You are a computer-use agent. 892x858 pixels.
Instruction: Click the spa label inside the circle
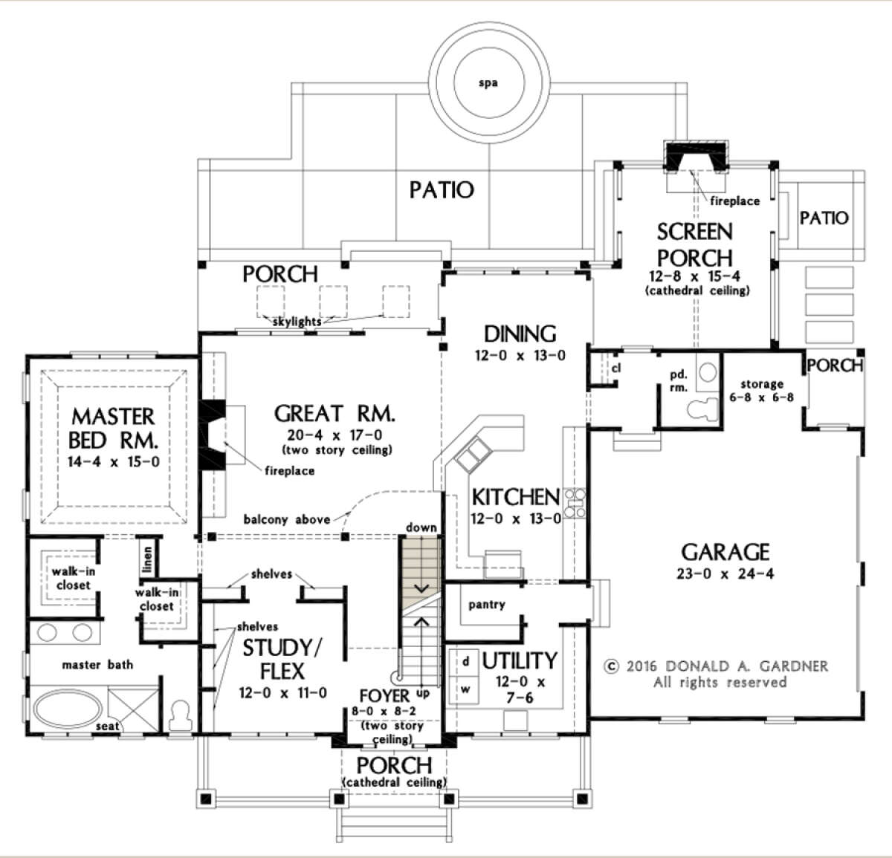coord(488,83)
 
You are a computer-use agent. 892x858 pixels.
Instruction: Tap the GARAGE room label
coord(725,552)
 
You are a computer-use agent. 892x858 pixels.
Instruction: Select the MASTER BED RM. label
coord(113,429)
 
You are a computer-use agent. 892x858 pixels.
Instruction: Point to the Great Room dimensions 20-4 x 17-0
coord(334,435)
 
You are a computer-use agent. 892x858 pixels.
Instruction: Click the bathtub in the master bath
coord(68,708)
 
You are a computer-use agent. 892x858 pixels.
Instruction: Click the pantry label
coord(487,605)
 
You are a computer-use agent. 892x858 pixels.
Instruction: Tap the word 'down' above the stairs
coord(421,527)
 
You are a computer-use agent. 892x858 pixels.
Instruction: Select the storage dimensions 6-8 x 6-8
coord(761,397)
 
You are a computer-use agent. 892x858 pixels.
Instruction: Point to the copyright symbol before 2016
coord(612,666)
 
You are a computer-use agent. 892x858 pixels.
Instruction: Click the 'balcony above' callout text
coord(287,519)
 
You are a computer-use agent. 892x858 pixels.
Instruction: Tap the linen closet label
coord(147,559)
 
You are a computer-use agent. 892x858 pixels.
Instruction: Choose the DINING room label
coord(520,334)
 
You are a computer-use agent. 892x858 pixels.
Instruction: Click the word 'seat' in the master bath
coord(107,726)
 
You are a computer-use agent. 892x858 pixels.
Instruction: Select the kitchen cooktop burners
coord(575,503)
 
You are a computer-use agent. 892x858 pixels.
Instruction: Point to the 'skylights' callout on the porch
coord(297,322)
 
